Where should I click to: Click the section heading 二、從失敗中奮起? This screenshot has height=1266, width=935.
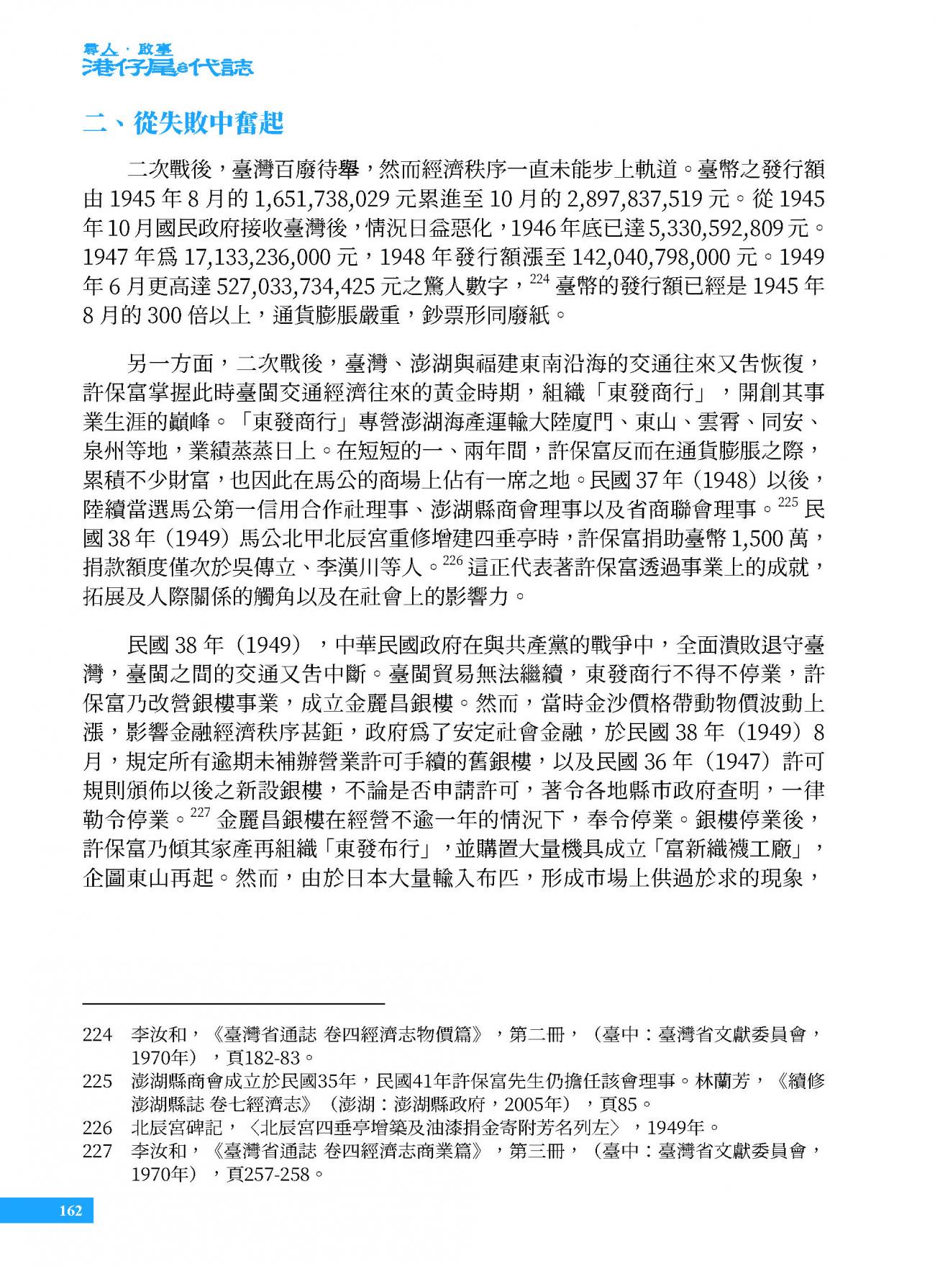coord(183,124)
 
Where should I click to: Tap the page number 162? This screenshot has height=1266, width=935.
coord(70,1210)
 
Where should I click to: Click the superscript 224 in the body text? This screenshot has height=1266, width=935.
coord(539,281)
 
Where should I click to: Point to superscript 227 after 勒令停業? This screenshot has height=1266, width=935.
coord(199,814)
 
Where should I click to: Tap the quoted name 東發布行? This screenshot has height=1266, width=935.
coord(380,849)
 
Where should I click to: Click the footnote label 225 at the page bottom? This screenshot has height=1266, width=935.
coord(97,1081)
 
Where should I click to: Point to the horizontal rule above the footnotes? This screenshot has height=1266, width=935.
coord(234,1003)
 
